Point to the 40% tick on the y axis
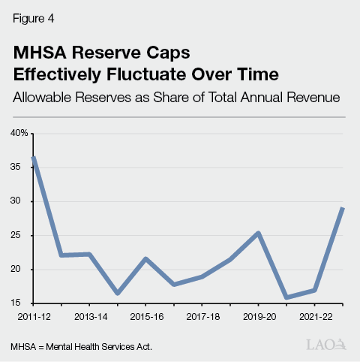tap(19, 133)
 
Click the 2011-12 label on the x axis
tap(32, 316)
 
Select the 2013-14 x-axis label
tap(89, 316)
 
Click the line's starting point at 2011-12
tap(34, 158)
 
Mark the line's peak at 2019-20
tap(259, 233)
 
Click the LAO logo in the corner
tap(328, 345)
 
